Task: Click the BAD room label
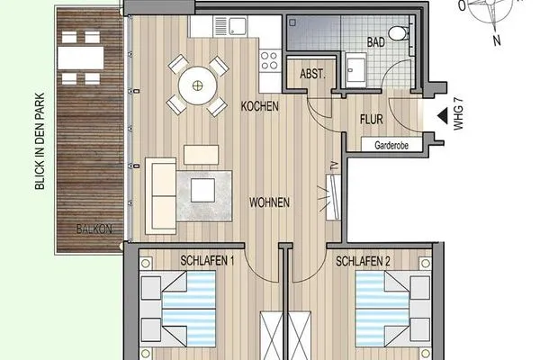[378, 42]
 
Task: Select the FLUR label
[373, 119]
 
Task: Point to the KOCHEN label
[259, 106]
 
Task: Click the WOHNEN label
[270, 203]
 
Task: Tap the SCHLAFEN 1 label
[207, 261]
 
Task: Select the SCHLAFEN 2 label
[363, 261]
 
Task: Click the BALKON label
[95, 229]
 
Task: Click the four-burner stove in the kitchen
[269, 60]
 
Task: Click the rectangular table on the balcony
[78, 58]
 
